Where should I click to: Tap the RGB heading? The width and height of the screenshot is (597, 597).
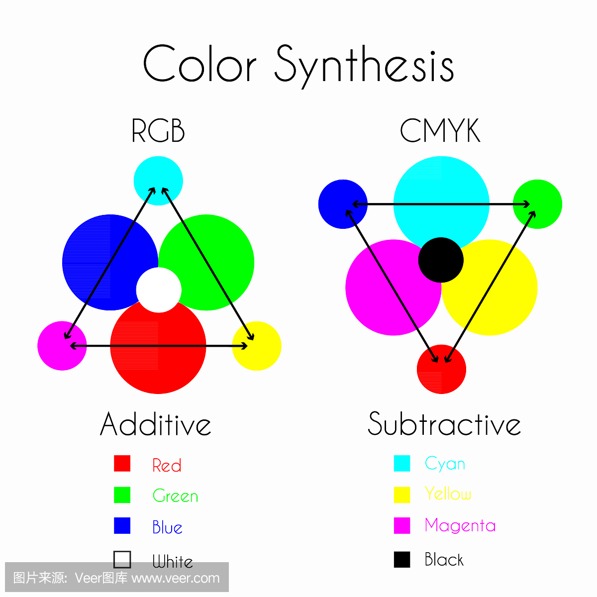click(x=158, y=130)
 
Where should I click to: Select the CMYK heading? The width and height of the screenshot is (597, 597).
click(x=440, y=130)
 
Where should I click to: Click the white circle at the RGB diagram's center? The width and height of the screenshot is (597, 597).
click(x=159, y=290)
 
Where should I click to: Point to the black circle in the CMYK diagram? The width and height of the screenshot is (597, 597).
click(x=441, y=260)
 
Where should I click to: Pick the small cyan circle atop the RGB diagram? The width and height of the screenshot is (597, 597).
click(x=158, y=181)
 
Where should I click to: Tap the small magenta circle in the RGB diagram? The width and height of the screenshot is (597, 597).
click(x=62, y=346)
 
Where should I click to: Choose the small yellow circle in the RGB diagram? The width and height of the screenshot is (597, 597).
click(x=257, y=346)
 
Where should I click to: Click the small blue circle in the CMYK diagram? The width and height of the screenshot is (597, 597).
click(x=343, y=204)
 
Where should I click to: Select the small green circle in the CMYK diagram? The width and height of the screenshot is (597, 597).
click(x=537, y=204)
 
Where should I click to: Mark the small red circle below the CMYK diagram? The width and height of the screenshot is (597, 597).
click(x=441, y=369)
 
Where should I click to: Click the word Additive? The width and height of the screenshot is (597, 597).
click(x=156, y=425)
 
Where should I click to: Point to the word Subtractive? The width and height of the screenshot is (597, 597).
click(x=444, y=424)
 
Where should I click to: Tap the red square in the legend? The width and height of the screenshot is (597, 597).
click(x=122, y=464)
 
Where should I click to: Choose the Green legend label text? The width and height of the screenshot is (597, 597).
click(x=175, y=496)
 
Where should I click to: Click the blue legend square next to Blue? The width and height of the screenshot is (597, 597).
click(x=122, y=525)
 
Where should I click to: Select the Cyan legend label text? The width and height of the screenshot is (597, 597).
click(x=445, y=464)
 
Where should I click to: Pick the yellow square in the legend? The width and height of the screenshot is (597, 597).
click(x=402, y=495)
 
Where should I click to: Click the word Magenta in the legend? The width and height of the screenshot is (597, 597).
click(x=460, y=526)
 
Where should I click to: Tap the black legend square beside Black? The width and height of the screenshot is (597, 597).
click(x=402, y=560)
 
